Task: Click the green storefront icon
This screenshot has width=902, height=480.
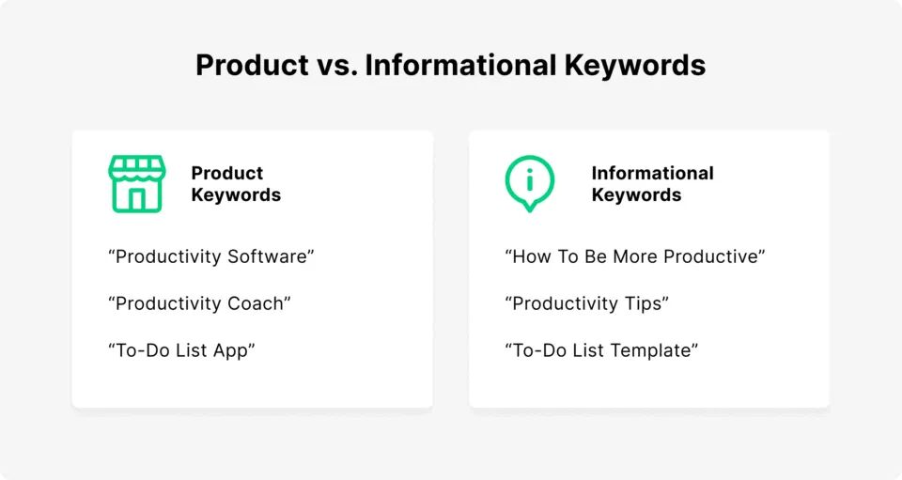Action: [137, 184]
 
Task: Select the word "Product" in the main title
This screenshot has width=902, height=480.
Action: [252, 65]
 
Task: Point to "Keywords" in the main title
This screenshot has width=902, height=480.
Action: [635, 65]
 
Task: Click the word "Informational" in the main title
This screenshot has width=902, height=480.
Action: [460, 65]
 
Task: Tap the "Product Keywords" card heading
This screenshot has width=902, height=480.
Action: [236, 184]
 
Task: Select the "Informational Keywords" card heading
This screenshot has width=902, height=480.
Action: [652, 184]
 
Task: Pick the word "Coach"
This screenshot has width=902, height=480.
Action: [256, 303]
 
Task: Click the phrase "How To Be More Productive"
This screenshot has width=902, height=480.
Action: [636, 257]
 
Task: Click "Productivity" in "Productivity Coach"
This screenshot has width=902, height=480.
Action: [168, 304]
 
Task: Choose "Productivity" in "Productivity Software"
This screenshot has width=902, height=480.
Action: [168, 257]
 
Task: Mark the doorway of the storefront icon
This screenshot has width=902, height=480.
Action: [137, 199]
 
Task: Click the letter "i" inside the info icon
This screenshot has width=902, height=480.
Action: [530, 180]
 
